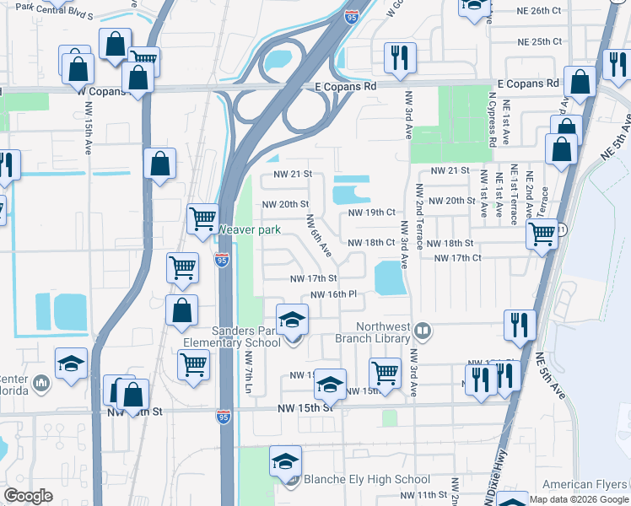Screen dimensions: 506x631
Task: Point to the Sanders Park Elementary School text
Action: point(233,336)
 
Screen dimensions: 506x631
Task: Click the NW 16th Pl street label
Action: point(335,294)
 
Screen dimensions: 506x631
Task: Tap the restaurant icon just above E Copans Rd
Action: point(397,58)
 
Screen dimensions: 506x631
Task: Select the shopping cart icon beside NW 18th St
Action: point(542,233)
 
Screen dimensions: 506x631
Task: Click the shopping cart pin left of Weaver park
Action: point(202,219)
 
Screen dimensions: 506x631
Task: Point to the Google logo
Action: point(28,496)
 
